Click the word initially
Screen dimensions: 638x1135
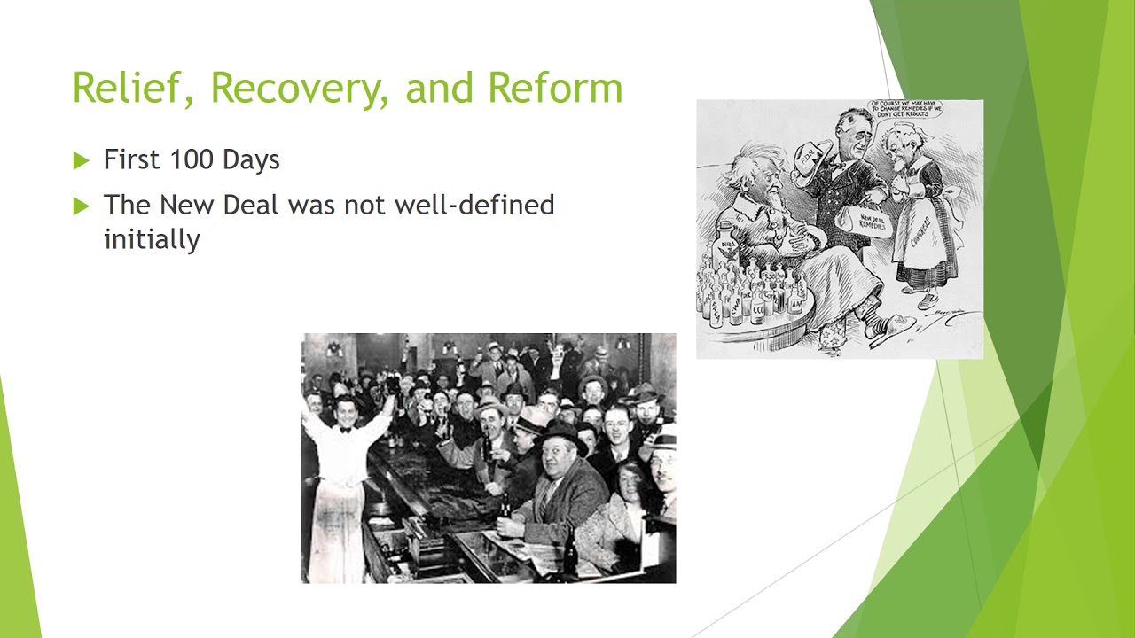152,239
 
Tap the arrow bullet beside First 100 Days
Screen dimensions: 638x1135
82,160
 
